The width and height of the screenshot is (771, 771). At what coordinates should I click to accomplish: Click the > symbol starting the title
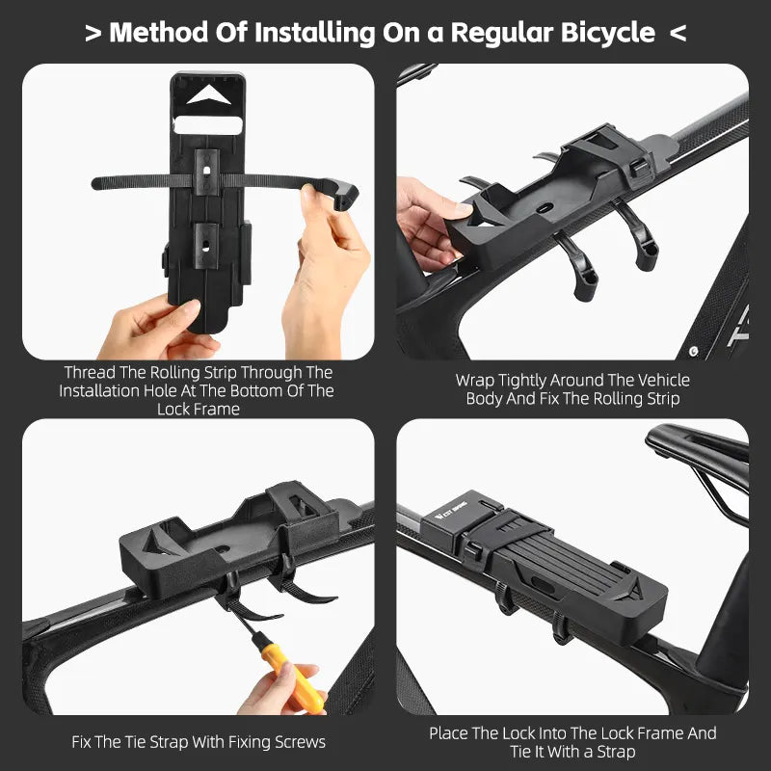[93, 33]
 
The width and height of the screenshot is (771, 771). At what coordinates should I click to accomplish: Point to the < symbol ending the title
[678, 33]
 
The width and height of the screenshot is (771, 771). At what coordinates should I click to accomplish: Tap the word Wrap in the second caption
[474, 381]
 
